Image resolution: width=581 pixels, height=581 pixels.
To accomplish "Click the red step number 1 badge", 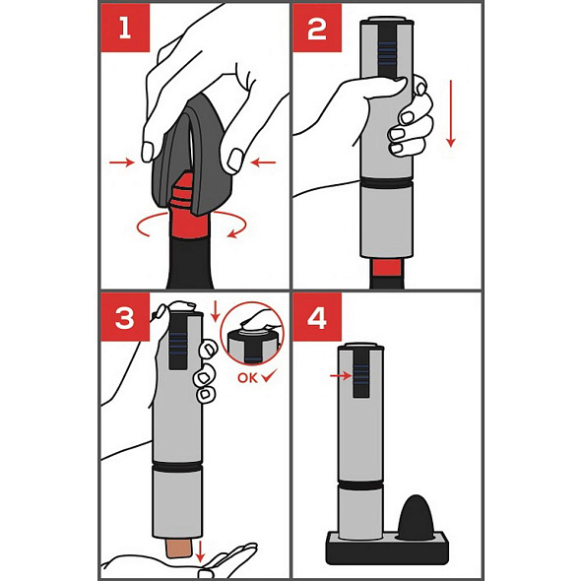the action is [x=125, y=28].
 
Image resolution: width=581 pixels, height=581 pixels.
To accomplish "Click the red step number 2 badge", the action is [x=317, y=28].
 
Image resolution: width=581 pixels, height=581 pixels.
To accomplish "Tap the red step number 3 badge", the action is [x=125, y=317].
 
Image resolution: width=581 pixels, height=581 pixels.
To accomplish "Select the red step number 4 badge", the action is [x=317, y=317].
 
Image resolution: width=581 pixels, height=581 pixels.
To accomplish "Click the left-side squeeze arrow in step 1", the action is [x=121, y=162].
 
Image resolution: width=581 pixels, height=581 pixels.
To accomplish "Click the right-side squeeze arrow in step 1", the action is [x=263, y=162].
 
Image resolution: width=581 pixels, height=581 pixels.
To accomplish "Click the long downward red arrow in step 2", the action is [x=451, y=113].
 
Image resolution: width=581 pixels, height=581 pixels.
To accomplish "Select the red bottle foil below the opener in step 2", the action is [x=387, y=268].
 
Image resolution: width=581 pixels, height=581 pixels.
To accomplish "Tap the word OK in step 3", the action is [x=247, y=378].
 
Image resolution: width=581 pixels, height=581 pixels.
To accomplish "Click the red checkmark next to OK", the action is [x=269, y=376].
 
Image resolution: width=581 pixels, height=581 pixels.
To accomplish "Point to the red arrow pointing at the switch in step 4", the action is [x=341, y=376].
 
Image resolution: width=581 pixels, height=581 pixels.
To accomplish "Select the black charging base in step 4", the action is [x=387, y=548].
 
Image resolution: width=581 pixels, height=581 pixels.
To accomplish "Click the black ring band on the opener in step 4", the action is [x=360, y=485].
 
